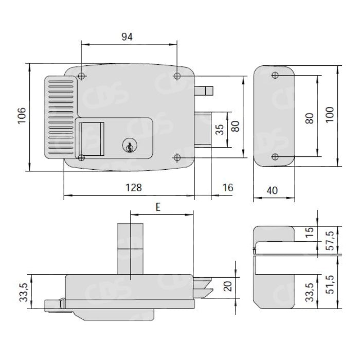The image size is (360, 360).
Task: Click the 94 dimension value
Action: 127,37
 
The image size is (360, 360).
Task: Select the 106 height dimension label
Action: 22,116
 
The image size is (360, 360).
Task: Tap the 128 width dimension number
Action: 134,188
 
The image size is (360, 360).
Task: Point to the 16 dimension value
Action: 228,188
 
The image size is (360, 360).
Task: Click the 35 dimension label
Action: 220,130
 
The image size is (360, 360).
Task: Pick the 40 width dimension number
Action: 272,190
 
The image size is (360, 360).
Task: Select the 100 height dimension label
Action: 330,115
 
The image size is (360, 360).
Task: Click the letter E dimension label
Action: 158,207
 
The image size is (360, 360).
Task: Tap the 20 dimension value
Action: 228,286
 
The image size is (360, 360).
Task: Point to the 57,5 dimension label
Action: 330,240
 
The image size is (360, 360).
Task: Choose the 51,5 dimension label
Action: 330,284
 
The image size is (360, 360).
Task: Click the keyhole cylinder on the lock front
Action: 130,146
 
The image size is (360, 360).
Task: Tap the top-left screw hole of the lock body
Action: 81,76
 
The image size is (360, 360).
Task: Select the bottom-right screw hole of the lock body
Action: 177,157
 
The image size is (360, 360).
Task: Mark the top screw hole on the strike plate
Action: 275,75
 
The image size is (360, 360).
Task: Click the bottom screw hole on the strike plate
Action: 275,157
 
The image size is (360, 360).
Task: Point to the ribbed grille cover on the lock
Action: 61,117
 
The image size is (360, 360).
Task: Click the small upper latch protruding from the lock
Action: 204,91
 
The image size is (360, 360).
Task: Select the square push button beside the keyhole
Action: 92,139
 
